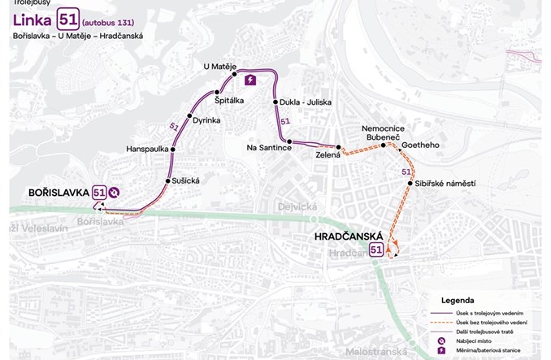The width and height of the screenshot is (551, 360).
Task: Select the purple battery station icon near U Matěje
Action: point(250,80)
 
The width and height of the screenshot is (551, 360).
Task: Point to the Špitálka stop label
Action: point(231,102)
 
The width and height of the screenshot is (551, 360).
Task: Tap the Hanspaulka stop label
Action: point(147,149)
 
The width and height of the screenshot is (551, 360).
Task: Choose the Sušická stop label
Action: point(186,180)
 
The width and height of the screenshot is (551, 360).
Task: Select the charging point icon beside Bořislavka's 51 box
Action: point(116,193)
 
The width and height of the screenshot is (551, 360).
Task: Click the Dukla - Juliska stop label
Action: point(304,103)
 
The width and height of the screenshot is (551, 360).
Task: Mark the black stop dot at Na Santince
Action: point(289,141)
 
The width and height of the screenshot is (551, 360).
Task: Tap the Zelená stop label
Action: point(328,154)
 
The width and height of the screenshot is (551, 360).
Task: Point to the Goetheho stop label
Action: point(420,145)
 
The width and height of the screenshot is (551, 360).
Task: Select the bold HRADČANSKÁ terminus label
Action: point(349,236)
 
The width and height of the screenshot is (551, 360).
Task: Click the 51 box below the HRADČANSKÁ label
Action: point(377,250)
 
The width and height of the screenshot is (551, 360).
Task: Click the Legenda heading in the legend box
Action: point(458,300)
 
